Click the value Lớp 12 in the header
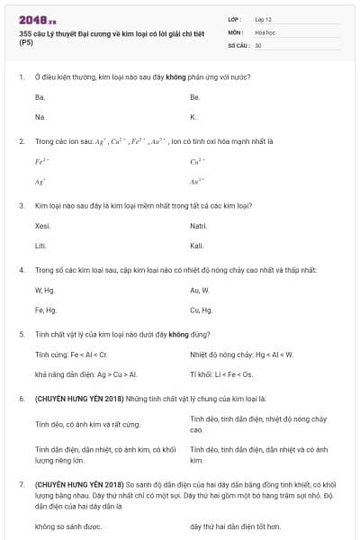[264, 18]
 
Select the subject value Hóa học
[265, 31]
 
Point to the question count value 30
[258, 44]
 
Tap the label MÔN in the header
[236, 31]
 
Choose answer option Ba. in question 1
[40, 96]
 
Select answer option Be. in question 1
[195, 96]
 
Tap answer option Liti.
[40, 246]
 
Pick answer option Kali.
[197, 246]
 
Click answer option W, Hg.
[44, 290]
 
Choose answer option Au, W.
[200, 290]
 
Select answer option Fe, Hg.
[45, 310]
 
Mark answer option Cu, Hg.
[202, 310]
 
